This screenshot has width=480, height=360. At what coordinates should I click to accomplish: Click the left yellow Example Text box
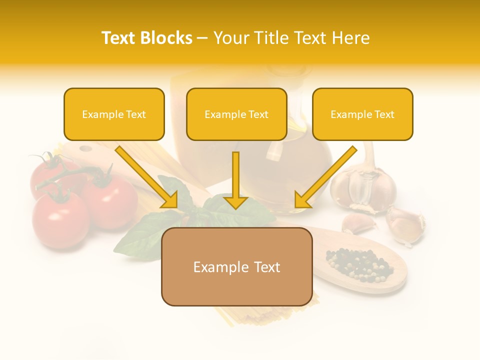point(114,114)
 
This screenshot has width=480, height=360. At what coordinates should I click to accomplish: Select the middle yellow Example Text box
point(236,114)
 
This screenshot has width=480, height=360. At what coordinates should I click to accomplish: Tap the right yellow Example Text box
point(362,114)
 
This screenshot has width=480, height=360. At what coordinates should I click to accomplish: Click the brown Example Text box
point(236,266)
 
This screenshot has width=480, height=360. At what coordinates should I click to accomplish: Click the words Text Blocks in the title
point(146,38)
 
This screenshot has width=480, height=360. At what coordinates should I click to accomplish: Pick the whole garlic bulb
point(363,187)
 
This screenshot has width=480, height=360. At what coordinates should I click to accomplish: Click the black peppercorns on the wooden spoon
point(358,263)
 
